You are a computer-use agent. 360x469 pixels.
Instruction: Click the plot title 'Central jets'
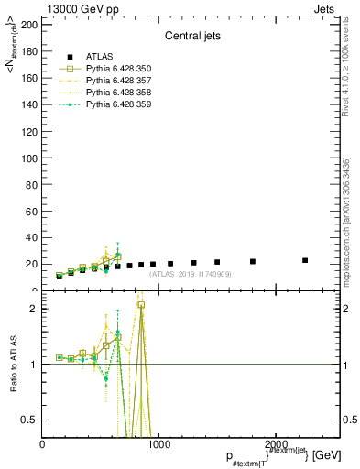[191, 38]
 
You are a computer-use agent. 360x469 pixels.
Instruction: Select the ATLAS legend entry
[101, 57]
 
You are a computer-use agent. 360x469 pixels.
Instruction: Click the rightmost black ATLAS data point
[305, 260]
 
